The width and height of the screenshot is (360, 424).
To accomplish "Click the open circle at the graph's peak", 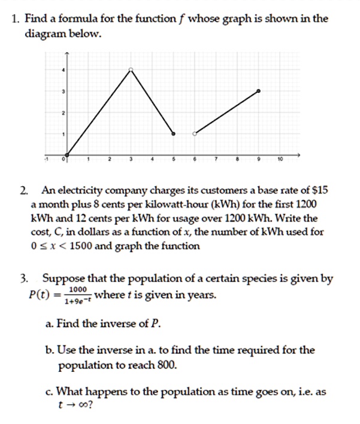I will tap(131, 70).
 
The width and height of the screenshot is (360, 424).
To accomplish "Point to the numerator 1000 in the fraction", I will tap(78, 289).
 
